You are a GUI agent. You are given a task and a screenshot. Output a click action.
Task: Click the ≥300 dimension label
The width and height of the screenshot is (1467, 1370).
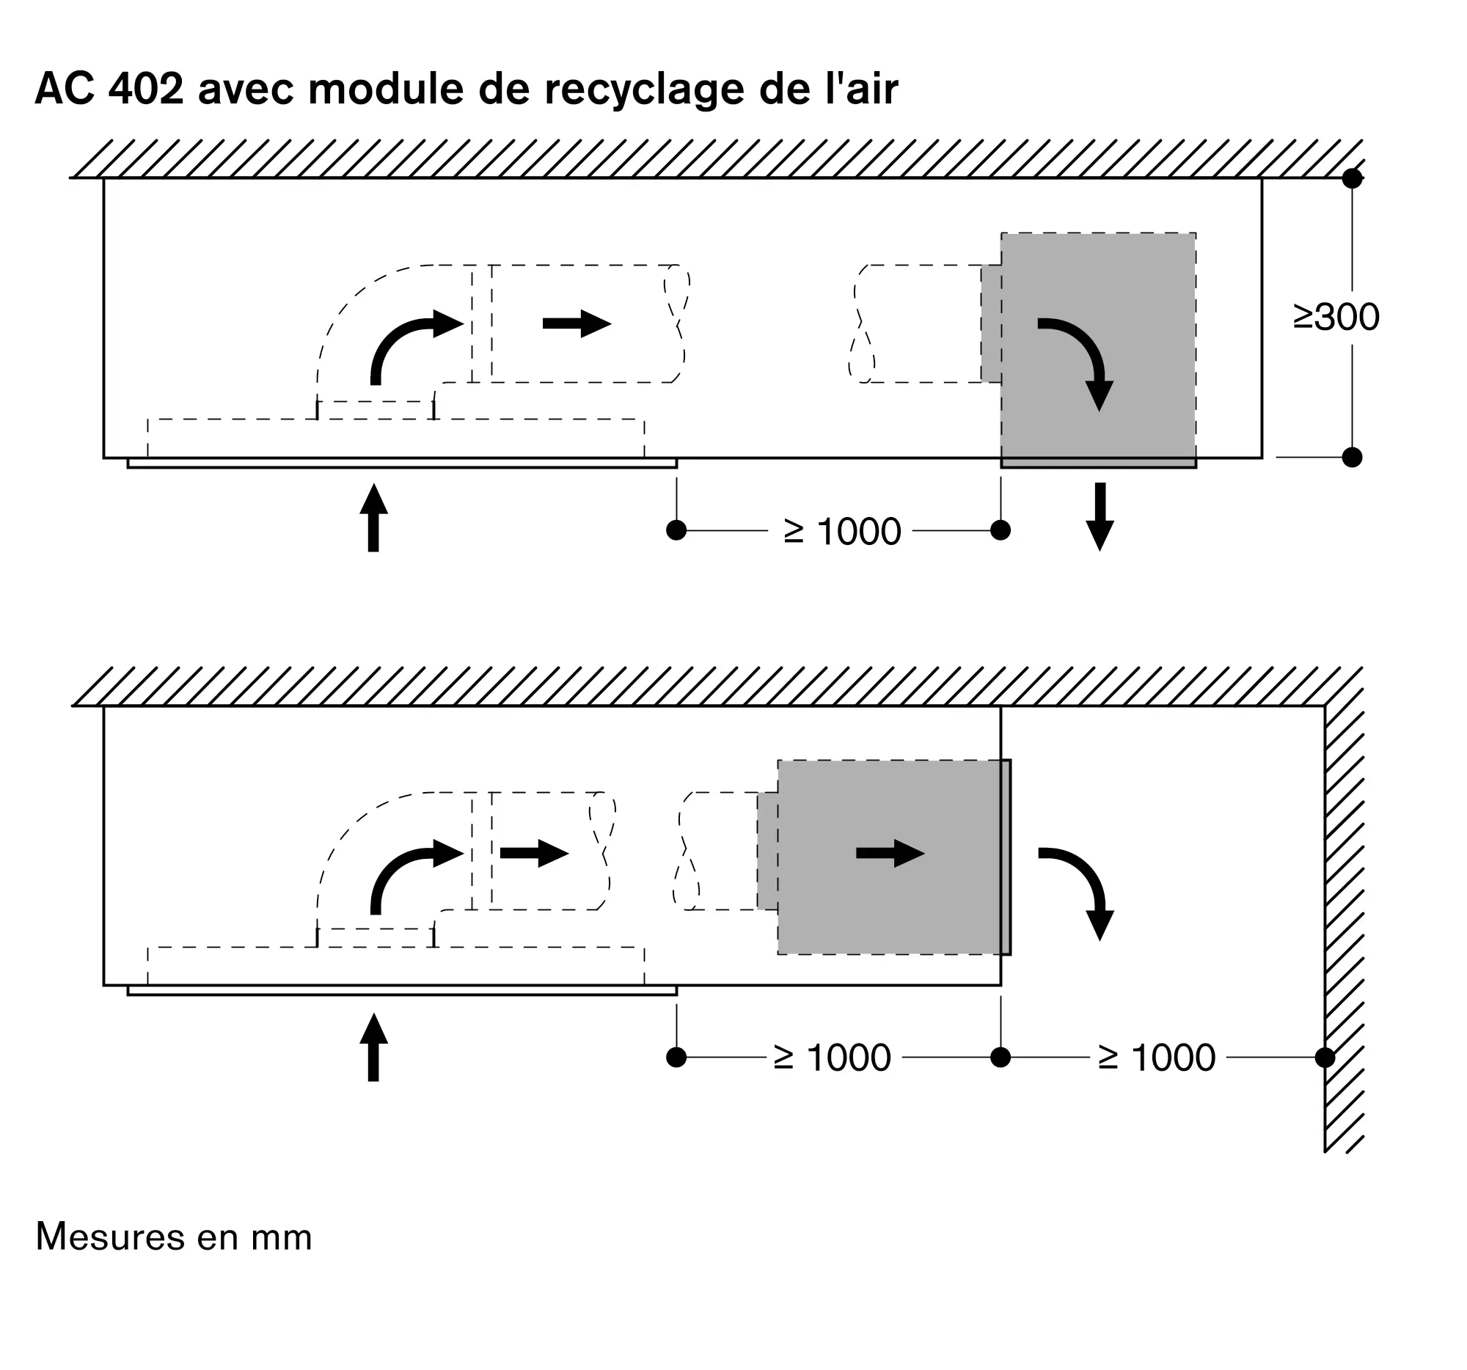(x=1336, y=318)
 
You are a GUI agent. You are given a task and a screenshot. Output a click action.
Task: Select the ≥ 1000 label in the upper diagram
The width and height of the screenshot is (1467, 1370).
(x=842, y=531)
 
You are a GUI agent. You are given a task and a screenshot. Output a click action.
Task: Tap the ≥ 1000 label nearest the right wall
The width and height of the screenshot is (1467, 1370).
(x=1156, y=1057)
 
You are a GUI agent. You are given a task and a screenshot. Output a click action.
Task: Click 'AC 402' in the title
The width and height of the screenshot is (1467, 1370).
(x=109, y=89)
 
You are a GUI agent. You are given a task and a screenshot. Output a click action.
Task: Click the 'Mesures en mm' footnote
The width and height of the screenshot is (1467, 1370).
(x=174, y=1237)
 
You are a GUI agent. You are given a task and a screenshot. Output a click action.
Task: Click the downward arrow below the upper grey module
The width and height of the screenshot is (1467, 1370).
(x=1100, y=516)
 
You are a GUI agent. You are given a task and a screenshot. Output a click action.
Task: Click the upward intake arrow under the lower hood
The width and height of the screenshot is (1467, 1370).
(x=373, y=1047)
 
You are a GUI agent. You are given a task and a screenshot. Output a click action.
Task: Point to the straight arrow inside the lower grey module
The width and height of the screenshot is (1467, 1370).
(x=890, y=854)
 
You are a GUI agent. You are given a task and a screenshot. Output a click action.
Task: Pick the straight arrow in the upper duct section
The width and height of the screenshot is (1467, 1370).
(x=577, y=323)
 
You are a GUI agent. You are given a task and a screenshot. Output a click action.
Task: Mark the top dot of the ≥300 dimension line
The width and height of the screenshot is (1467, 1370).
(x=1352, y=178)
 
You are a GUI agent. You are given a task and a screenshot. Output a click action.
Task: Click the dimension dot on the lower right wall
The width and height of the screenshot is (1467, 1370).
(x=1325, y=1057)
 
